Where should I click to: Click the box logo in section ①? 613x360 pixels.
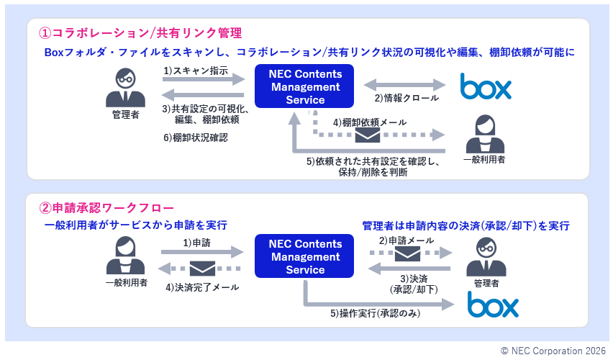[486, 87]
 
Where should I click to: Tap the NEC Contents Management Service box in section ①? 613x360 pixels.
[305, 87]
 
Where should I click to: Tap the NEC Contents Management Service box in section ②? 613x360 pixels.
[305, 257]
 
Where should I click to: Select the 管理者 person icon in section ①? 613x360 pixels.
[126, 89]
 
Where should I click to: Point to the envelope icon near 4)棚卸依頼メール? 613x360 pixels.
[368, 135]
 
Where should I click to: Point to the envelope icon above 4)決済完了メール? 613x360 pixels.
[202, 269]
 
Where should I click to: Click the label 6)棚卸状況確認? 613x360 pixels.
[195, 138]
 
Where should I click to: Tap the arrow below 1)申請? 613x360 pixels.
[202, 252]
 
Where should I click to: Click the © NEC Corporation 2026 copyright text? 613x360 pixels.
[553, 351]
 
